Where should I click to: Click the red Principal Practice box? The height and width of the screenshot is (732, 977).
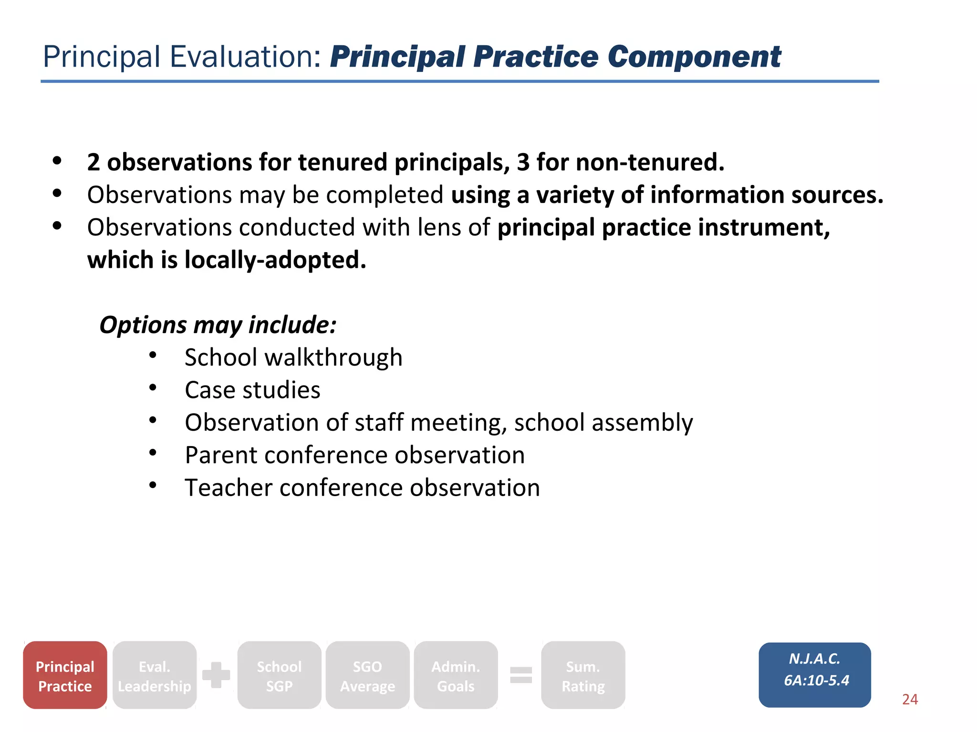click(x=65, y=675)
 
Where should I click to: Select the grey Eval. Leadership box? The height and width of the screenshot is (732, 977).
click(x=155, y=675)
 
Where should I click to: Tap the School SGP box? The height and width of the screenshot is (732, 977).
click(x=279, y=675)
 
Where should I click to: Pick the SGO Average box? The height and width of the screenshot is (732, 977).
click(x=367, y=675)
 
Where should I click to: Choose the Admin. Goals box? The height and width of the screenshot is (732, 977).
click(x=456, y=675)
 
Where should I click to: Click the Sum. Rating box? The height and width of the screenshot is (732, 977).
click(x=583, y=675)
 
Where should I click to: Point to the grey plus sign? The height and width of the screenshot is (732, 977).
click(x=216, y=675)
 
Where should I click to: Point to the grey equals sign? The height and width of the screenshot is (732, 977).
click(x=521, y=675)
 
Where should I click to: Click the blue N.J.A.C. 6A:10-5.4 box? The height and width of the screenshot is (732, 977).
click(x=814, y=674)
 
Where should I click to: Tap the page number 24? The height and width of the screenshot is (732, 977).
click(x=910, y=699)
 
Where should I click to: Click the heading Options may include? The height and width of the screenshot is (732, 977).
click(x=218, y=325)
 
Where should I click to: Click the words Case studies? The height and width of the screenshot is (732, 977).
click(x=252, y=390)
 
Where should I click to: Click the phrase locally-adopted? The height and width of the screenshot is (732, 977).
click(x=275, y=260)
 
